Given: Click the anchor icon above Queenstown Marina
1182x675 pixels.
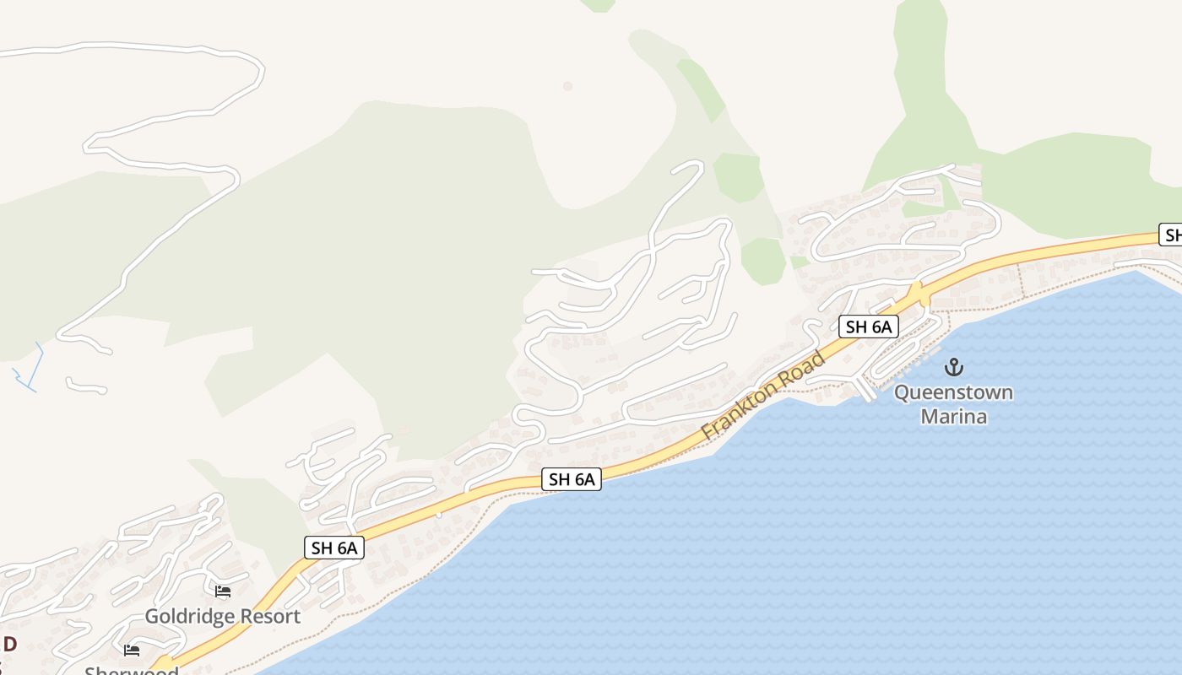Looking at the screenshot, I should [x=953, y=367].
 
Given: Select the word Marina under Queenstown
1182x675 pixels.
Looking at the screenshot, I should [x=953, y=416].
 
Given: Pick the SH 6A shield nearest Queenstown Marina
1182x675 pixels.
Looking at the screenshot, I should [x=868, y=327].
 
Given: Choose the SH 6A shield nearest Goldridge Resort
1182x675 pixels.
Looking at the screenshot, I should [x=333, y=548].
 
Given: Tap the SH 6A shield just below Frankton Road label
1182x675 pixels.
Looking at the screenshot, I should [x=572, y=479].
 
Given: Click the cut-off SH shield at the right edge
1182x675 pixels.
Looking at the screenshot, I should [x=1170, y=235].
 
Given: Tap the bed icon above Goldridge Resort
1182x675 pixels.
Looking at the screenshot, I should [x=223, y=591].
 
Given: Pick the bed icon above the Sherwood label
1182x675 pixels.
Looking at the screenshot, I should [x=131, y=650].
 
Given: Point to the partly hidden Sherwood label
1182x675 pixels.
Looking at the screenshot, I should [x=132, y=671].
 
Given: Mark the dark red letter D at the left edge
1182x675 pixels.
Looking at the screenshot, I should [x=9, y=644].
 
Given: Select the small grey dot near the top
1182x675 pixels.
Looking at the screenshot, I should [x=567, y=86].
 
